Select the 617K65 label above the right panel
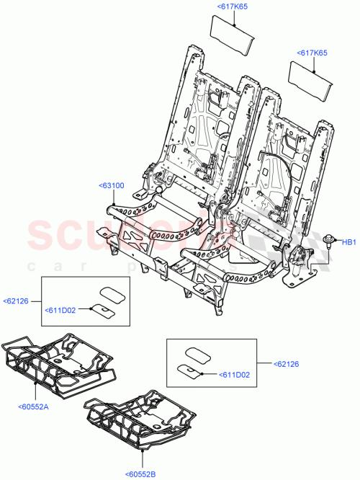point(312,53)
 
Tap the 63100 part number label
point(111,185)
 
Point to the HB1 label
point(348,242)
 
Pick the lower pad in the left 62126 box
point(102,310)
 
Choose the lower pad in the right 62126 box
point(189,371)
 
